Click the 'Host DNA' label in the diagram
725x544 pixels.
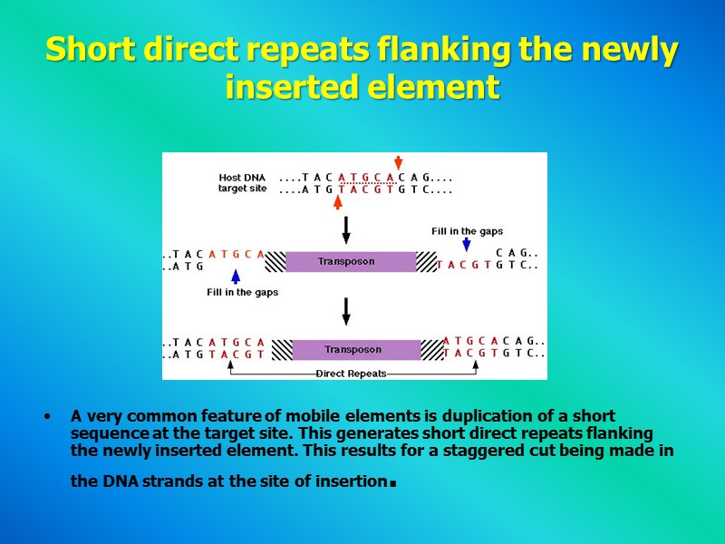click(242, 177)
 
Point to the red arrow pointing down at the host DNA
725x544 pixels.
click(398, 163)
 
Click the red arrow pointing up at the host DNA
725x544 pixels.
click(337, 200)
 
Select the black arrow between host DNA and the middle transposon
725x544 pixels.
click(345, 229)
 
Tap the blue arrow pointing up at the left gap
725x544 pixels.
click(236, 277)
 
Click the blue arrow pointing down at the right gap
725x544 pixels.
click(466, 244)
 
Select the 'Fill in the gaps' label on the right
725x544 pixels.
click(467, 231)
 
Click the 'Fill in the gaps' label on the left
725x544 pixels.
click(242, 293)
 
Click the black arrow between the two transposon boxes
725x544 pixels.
click(345, 311)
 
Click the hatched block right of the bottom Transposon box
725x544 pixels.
click(432, 350)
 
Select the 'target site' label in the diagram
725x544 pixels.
click(242, 189)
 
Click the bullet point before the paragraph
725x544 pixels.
click(45, 417)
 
